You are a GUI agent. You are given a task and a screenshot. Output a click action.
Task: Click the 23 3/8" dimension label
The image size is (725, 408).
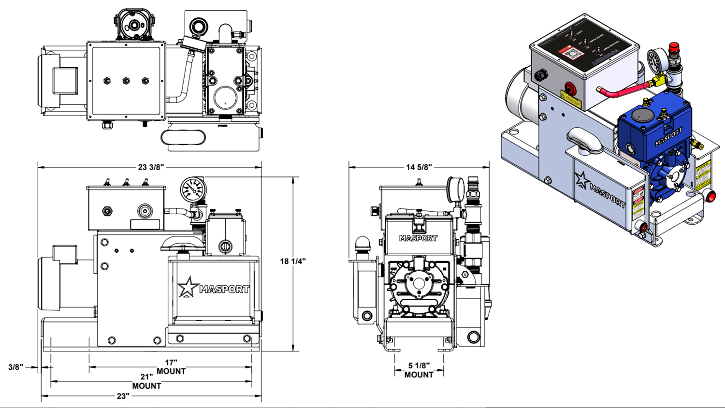point(151,167)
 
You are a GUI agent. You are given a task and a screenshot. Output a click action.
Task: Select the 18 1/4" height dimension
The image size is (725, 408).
point(293,261)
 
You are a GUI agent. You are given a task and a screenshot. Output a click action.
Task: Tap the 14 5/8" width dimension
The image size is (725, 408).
point(419,167)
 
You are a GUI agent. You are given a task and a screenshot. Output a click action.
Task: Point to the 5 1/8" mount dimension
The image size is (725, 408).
point(419,366)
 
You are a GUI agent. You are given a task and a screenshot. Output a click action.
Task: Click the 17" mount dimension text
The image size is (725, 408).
point(171,363)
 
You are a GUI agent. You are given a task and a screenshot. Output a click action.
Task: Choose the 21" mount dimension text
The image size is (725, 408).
point(146,377)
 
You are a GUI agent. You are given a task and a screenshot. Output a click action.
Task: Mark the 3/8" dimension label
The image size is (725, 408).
point(15,367)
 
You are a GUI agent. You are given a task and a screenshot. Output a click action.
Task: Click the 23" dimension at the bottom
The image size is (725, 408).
point(123,396)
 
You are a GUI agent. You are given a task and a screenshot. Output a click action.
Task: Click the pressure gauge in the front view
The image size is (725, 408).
point(193,189)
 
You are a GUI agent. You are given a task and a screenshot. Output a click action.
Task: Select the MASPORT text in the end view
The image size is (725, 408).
point(418,238)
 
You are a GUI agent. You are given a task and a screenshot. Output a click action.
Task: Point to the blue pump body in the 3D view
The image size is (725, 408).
point(652,131)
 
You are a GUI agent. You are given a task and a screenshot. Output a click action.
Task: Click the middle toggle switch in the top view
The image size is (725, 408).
point(126,81)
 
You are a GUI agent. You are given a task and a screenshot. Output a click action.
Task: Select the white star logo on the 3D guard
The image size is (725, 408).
point(582,181)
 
